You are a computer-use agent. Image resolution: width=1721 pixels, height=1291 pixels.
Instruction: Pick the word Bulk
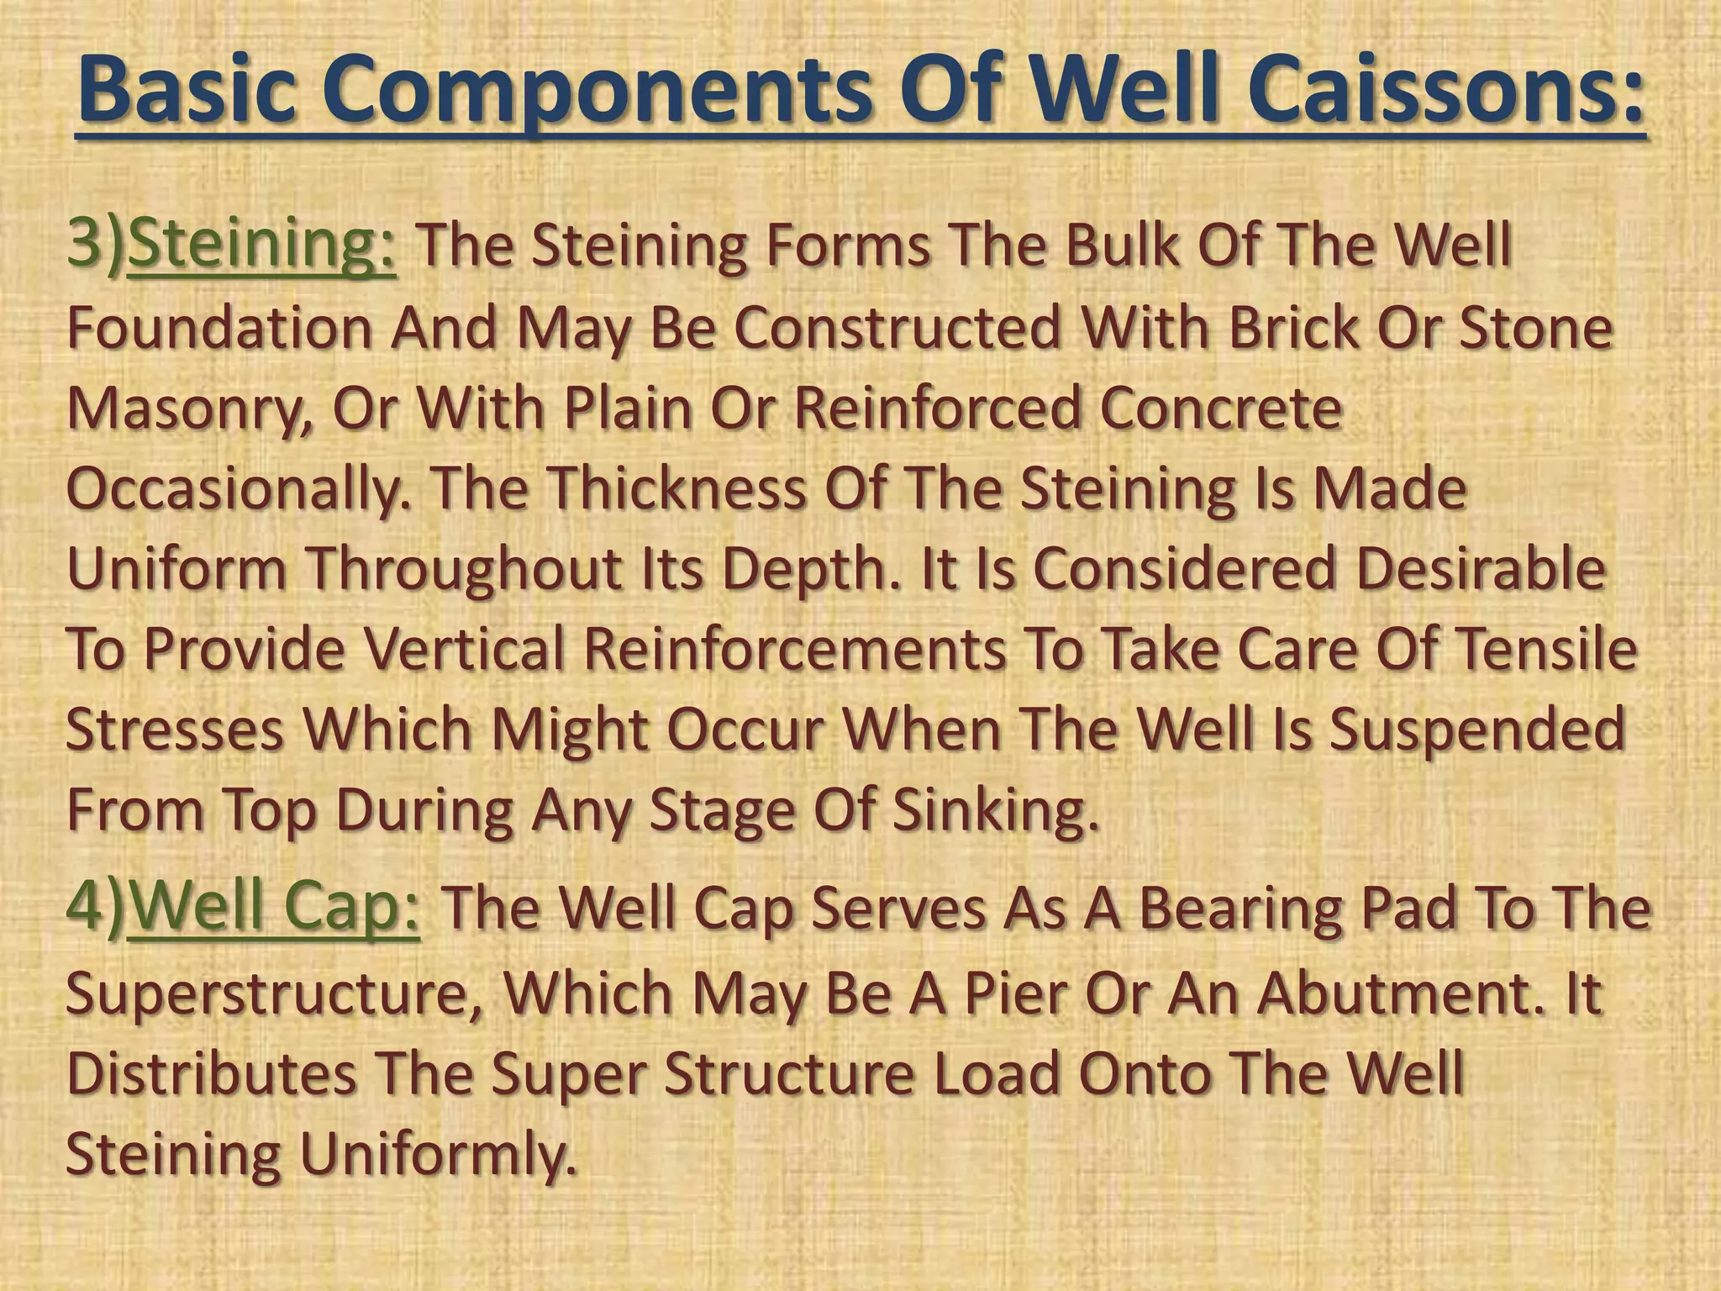[x=1117, y=245]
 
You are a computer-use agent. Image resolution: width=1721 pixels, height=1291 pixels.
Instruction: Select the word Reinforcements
[x=795, y=649]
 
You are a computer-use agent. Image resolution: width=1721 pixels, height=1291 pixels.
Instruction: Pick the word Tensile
[x=1546, y=649]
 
